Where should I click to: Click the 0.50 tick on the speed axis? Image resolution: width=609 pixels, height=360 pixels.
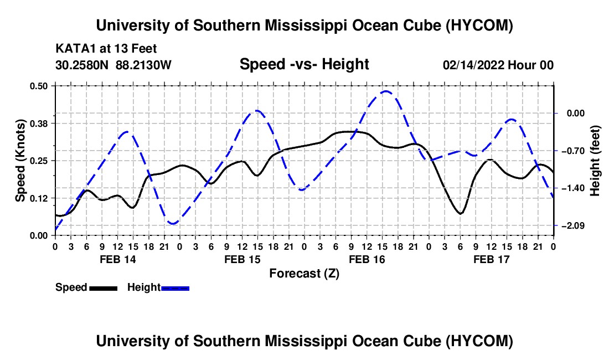[x=38, y=86]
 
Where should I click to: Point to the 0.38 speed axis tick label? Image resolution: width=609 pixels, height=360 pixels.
[x=38, y=124]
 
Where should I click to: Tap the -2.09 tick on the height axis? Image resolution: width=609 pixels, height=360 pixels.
[x=576, y=225]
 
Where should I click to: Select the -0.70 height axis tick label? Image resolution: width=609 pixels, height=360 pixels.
[x=576, y=151]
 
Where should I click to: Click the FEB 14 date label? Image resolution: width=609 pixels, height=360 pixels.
[x=118, y=259]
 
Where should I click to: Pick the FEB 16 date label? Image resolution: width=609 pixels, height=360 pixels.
[x=367, y=259]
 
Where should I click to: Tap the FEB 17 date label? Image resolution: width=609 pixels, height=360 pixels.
[x=491, y=259]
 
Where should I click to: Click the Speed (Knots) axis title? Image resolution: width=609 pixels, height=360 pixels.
[x=20, y=161]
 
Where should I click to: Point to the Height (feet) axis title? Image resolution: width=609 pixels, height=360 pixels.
[x=595, y=161]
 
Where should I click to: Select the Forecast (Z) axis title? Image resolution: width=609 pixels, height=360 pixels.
[x=304, y=274]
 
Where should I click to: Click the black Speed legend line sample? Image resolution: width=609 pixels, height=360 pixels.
[x=104, y=288]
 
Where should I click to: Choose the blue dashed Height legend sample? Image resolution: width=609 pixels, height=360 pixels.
[x=175, y=288]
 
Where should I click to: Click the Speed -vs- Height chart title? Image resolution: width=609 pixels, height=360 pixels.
[x=304, y=64]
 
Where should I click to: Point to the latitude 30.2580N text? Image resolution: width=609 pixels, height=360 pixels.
[x=82, y=65]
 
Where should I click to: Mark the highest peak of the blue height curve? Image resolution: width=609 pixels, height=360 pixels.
[x=385, y=91]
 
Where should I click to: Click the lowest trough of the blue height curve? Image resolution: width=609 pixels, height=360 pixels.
[x=173, y=223]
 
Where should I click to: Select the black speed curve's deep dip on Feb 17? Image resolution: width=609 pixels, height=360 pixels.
[x=460, y=214]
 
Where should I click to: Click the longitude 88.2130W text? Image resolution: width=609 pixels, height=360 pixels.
[x=143, y=65]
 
